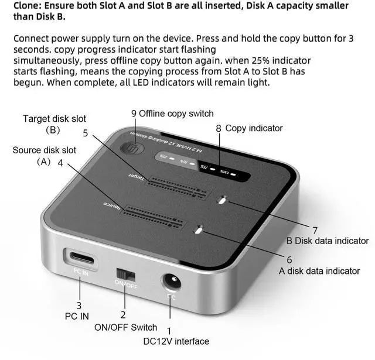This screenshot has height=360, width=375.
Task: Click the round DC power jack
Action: tap(172, 284)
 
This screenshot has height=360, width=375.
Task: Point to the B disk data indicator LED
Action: tap(222, 200)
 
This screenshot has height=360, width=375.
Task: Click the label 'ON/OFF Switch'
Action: tap(125, 327)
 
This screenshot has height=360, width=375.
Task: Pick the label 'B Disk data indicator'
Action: tap(327, 241)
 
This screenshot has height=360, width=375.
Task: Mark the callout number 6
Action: tap(289, 259)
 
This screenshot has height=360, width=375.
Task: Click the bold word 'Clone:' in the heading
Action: tap(29, 6)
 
